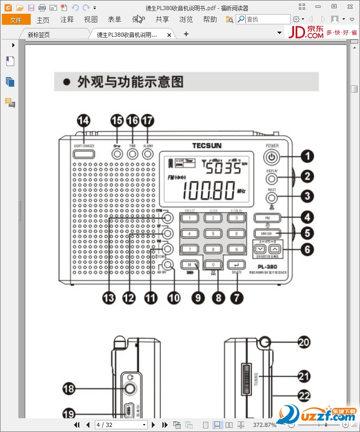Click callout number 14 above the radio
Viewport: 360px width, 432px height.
coord(83,121)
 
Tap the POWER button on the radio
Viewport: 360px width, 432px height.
coord(271,157)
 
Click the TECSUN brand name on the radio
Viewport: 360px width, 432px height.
coord(206,146)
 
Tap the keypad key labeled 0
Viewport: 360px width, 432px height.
coord(212,265)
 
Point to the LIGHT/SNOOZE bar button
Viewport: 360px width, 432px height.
coord(84,154)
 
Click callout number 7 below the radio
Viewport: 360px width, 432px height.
coord(237,297)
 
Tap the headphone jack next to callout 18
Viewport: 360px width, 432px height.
coord(131,388)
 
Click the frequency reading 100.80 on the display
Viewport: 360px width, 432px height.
coord(209,191)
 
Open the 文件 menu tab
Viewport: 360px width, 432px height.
coord(16,20)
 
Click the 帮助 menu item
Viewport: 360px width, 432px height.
coord(210,20)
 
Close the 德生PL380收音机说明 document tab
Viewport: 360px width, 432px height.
coord(169,35)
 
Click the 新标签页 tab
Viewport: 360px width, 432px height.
coord(39,35)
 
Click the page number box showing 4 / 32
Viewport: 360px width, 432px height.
coord(121,425)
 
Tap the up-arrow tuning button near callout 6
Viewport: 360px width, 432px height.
coord(274,249)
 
